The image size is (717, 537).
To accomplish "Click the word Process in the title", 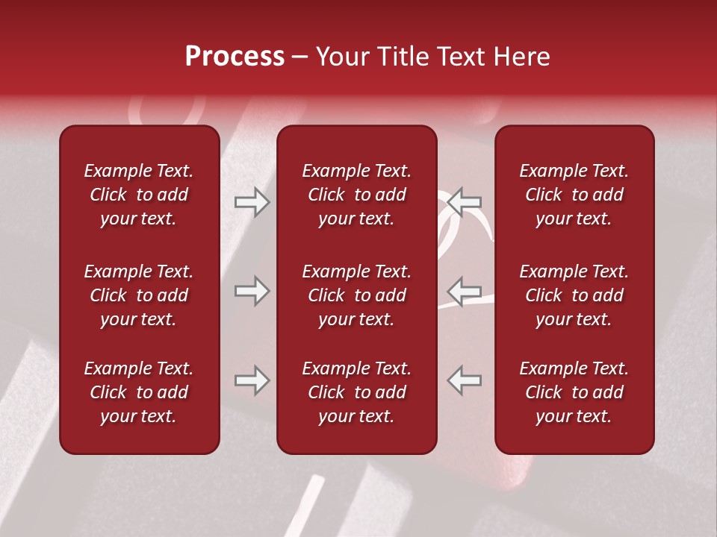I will (x=235, y=57).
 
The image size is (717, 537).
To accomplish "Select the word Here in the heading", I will (x=521, y=57).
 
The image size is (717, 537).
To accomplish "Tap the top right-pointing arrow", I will (x=252, y=202).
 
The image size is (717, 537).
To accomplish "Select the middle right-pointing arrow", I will (x=252, y=291).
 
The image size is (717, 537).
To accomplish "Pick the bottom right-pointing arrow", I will (x=252, y=380).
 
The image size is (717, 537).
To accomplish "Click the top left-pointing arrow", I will (x=465, y=201).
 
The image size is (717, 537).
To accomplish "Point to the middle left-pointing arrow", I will (x=465, y=291).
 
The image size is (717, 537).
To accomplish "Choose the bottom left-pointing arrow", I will (x=465, y=380).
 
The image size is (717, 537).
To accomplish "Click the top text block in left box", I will (x=139, y=195).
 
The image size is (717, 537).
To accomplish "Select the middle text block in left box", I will (x=139, y=295).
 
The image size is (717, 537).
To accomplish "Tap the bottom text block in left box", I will (x=139, y=392).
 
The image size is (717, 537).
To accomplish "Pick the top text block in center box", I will (x=357, y=195).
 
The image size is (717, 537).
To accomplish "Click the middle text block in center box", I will (x=357, y=295).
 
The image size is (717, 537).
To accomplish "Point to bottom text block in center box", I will (x=357, y=392).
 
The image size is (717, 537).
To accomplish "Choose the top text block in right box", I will (x=574, y=195).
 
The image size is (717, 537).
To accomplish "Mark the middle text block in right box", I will (x=574, y=295).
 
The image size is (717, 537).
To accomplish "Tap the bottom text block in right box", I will (x=574, y=392).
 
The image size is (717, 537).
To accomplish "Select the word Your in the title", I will (x=341, y=57).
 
